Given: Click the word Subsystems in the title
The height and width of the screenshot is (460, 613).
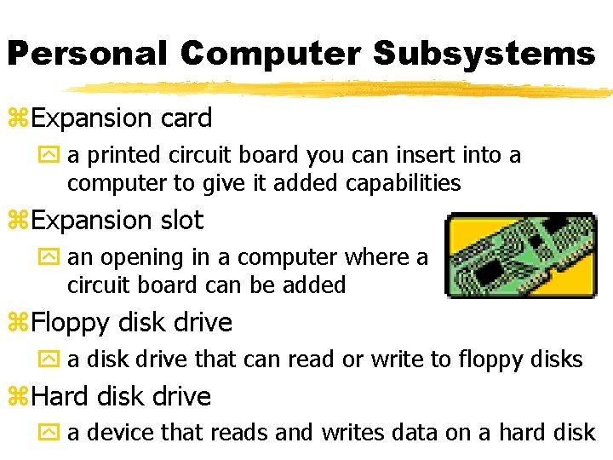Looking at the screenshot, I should [x=484, y=54].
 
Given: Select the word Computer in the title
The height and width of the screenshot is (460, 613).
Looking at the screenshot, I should [x=271, y=54].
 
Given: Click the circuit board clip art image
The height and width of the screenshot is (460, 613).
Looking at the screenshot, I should [x=521, y=256].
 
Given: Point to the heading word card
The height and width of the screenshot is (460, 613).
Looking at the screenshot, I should [x=186, y=118].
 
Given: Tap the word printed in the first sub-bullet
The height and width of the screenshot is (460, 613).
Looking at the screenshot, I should [x=119, y=156].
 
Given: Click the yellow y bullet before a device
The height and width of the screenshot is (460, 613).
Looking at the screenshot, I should [x=52, y=433].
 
